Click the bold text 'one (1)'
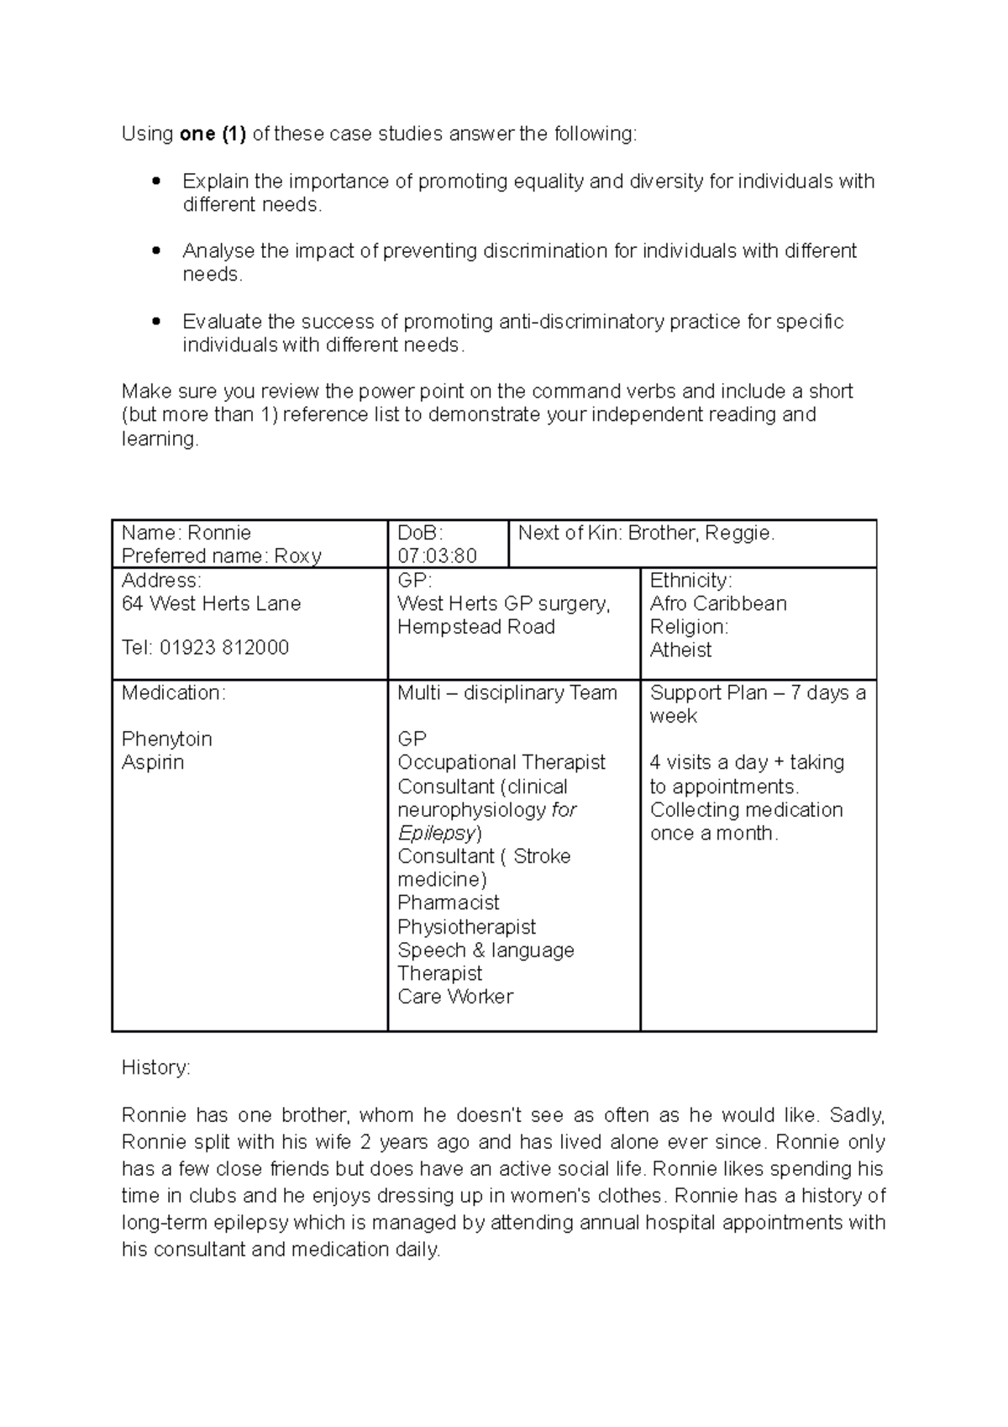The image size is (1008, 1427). click(213, 134)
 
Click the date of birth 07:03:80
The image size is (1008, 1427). click(437, 556)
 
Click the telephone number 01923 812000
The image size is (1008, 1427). click(223, 648)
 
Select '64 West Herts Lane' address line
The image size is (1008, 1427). click(211, 603)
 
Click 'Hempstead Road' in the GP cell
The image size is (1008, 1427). click(475, 627)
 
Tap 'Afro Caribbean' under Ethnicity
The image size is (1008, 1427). click(718, 603)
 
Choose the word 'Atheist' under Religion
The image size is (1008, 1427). click(680, 650)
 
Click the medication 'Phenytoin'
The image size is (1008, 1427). click(167, 740)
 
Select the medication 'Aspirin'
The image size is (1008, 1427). click(153, 762)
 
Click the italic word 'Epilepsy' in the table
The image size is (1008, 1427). click(437, 833)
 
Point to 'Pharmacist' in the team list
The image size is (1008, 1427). click(449, 903)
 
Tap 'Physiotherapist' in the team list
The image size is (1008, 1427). click(466, 927)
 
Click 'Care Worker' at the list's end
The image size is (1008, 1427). click(455, 997)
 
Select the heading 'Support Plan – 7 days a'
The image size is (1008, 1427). click(757, 693)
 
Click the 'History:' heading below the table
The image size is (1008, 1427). click(156, 1068)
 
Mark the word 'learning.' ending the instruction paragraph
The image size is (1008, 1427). click(160, 439)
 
